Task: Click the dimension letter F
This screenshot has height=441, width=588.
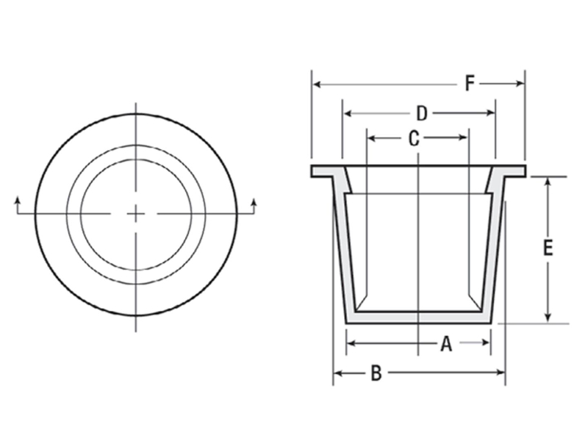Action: pos(470,84)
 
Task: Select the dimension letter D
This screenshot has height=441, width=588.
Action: pos(421,113)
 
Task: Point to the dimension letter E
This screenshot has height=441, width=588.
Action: pos(548,248)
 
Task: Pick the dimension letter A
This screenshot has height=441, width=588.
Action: pos(445,343)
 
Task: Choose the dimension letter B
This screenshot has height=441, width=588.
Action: pos(376,373)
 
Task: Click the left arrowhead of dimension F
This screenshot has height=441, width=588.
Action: pos(315,84)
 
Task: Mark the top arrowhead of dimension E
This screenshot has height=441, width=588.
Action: pos(548,181)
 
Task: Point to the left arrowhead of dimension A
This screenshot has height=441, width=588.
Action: pos(350,343)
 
